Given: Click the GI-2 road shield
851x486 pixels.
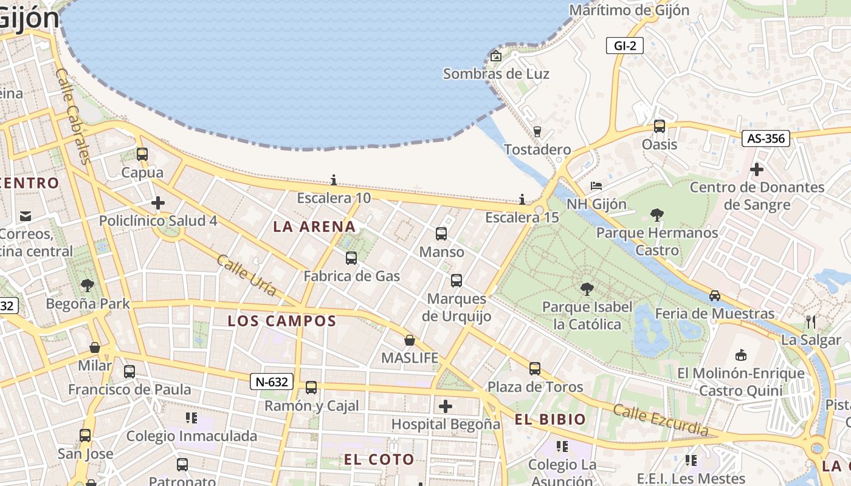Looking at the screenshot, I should point(624,46).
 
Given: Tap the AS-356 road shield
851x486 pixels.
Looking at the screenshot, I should point(765,139).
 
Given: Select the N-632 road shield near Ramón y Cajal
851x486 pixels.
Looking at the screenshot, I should point(271,382).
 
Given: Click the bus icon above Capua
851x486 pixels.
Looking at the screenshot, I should point(142,154).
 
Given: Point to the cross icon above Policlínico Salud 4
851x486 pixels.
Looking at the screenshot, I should point(158,203).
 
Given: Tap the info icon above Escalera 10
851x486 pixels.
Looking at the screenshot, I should point(334,180).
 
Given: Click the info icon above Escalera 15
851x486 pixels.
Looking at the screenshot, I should point(522,199).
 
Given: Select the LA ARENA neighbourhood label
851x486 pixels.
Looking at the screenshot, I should point(314,227).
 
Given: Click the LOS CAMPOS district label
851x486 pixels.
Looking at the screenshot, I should point(282,321).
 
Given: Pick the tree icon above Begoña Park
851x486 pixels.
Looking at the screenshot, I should point(88,285).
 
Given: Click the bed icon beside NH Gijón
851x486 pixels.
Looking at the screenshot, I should point(596,185).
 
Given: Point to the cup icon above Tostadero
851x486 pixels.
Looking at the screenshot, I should point(537,131).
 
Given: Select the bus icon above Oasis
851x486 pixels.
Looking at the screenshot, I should point(660,126).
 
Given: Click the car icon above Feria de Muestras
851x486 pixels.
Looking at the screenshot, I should point(715,296).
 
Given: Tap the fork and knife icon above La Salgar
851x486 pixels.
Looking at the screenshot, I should point(810,321).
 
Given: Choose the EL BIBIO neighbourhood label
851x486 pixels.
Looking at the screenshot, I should point(550,419).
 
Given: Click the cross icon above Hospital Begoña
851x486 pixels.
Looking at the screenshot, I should point(446,406).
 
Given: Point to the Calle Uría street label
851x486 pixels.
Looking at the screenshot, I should point(247,275).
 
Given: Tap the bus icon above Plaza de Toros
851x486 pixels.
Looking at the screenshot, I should point(535,369).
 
